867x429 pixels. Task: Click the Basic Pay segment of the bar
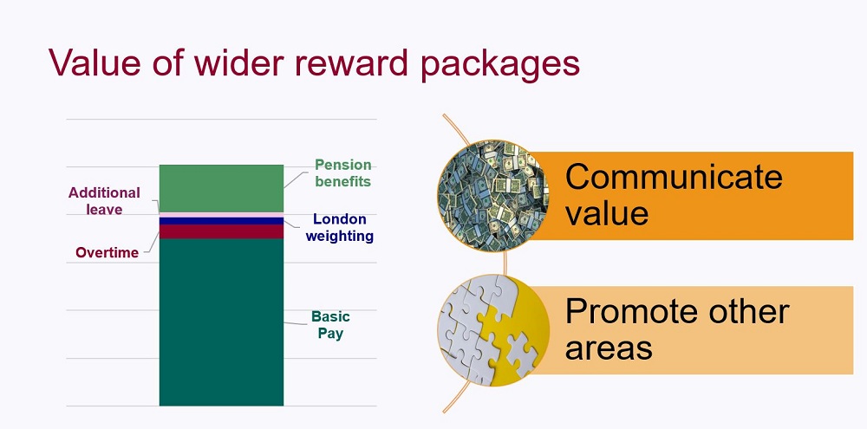pos(221,322)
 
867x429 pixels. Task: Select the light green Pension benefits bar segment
pos(221,189)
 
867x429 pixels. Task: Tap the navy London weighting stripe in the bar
pos(221,221)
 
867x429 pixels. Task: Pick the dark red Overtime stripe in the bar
pos(221,231)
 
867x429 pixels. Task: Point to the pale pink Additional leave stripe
pos(221,215)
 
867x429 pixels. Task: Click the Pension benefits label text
pos(342,173)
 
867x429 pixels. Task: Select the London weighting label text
pos(340,227)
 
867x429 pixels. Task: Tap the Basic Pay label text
pos(330,325)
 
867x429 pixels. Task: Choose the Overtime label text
pos(108,253)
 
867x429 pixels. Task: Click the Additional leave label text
pos(104,201)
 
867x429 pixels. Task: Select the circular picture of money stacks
pos(493,196)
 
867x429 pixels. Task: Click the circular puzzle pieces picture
pos(493,330)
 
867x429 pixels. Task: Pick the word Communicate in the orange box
pos(674,176)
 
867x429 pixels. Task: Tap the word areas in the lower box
pos(609,348)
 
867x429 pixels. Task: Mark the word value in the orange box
pos(607,213)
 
